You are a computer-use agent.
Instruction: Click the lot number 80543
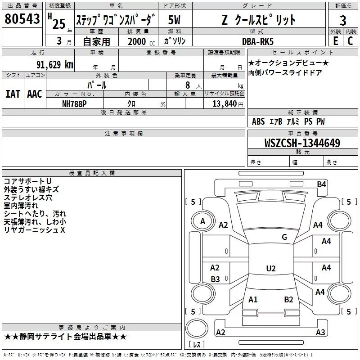pos(22,19)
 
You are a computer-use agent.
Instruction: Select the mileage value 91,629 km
pos(55,65)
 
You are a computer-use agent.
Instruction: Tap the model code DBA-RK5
pos(258,41)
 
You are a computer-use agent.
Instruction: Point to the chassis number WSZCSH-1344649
pos(302,143)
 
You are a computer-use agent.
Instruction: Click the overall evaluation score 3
pos(343,21)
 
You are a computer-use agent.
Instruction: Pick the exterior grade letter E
pos(336,41)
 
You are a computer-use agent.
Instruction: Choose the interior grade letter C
pos(350,41)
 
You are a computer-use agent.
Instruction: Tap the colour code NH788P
pos(74,104)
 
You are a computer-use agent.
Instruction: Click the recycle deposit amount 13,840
pos(224,103)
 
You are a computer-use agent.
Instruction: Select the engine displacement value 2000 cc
pos(141,41)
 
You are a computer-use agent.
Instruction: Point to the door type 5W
pos(174,20)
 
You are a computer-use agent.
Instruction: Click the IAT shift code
pos(13,94)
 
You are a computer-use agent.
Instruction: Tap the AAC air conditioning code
pos(35,94)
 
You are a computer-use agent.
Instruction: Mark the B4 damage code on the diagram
pos(321,184)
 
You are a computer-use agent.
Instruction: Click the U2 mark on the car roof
pos(271,268)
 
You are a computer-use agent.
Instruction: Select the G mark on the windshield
pos(284,237)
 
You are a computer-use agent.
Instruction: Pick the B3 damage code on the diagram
pos(216,279)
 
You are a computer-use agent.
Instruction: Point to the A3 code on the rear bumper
pos(320,332)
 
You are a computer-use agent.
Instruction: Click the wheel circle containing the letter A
pos(203,221)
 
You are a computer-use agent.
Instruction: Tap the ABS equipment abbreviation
pos(258,121)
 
